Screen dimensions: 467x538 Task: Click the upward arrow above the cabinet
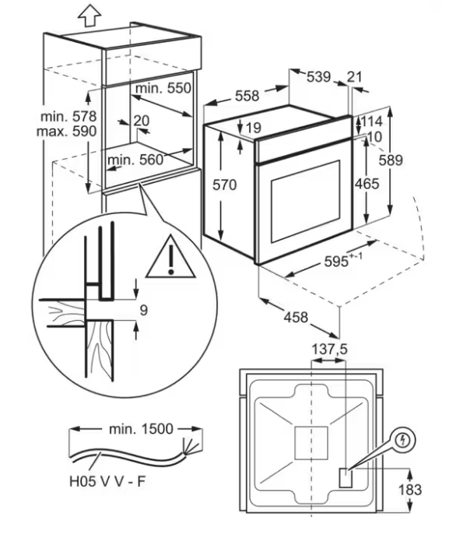coord(90,15)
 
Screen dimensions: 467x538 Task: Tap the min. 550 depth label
coord(163,88)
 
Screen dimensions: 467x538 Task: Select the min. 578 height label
coord(68,117)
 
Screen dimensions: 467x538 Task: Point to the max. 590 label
coord(67,132)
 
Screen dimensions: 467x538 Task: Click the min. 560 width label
coord(135,160)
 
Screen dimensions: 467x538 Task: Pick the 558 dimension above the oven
coord(247,96)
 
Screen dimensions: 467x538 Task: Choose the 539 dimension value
coord(318,77)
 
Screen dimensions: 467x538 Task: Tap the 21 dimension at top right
coord(354,77)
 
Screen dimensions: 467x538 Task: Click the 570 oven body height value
coord(225,185)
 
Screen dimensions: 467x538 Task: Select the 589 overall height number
coord(391,160)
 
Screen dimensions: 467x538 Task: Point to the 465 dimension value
coord(367,185)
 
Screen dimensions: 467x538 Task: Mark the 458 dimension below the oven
coord(296,318)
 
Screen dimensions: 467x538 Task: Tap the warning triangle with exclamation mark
coord(170,257)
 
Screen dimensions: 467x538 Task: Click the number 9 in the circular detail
coord(144,311)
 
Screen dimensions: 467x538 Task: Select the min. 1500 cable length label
coord(141,429)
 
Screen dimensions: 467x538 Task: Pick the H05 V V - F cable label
coord(107,481)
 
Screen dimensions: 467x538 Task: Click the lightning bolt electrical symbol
coord(404,439)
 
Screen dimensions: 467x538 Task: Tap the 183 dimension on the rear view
coord(409,490)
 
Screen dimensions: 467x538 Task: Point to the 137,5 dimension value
coord(329,350)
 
